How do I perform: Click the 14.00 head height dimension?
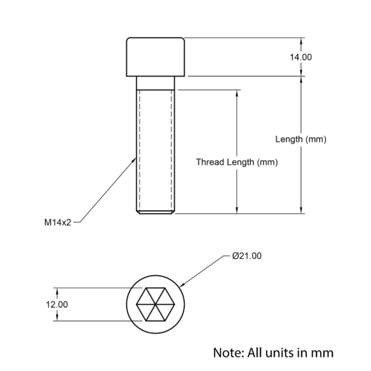(x=300, y=57)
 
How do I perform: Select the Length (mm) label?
(x=300, y=140)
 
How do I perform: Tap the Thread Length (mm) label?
(x=237, y=162)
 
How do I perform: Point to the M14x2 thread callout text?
(x=57, y=223)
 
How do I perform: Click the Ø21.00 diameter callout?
(x=247, y=256)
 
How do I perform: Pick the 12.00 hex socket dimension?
(x=57, y=305)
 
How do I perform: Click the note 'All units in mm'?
(x=290, y=353)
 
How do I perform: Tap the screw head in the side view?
(x=155, y=57)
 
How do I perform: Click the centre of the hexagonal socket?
(x=155, y=304)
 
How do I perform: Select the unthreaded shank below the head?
(x=155, y=83)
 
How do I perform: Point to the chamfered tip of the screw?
(x=155, y=212)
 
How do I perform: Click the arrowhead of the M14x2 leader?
(x=134, y=159)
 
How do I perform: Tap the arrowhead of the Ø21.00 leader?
(x=182, y=284)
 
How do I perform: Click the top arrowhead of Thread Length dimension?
(x=237, y=93)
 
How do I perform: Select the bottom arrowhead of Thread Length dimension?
(x=237, y=210)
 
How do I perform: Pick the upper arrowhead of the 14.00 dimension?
(x=301, y=41)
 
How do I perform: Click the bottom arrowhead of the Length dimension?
(x=301, y=210)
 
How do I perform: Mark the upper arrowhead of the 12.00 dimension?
(x=57, y=292)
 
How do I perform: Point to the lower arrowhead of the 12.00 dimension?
(x=57, y=317)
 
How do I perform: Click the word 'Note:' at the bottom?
(x=228, y=353)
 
